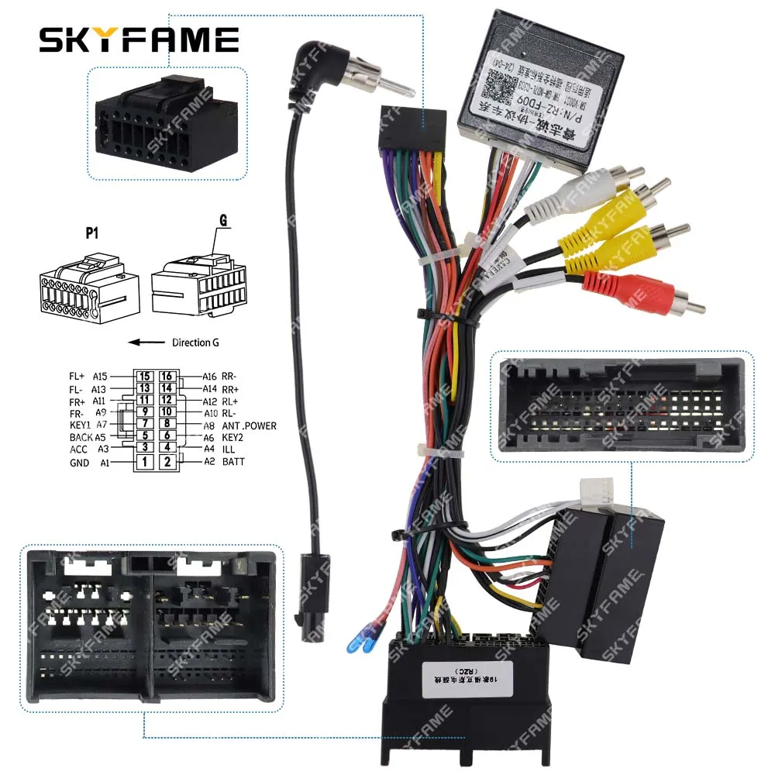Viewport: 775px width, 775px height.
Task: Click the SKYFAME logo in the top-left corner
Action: click(139, 38)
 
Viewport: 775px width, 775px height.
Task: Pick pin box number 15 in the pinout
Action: click(143, 377)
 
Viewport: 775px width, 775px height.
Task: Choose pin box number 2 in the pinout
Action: click(167, 463)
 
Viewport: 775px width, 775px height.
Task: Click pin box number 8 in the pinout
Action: click(167, 424)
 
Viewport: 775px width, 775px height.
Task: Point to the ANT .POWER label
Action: click(248, 425)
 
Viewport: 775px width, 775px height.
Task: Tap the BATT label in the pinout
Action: click(233, 462)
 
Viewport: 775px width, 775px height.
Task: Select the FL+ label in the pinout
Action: click(76, 377)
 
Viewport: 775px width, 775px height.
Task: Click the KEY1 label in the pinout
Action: click(80, 425)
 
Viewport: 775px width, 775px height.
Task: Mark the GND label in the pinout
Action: click(78, 463)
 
